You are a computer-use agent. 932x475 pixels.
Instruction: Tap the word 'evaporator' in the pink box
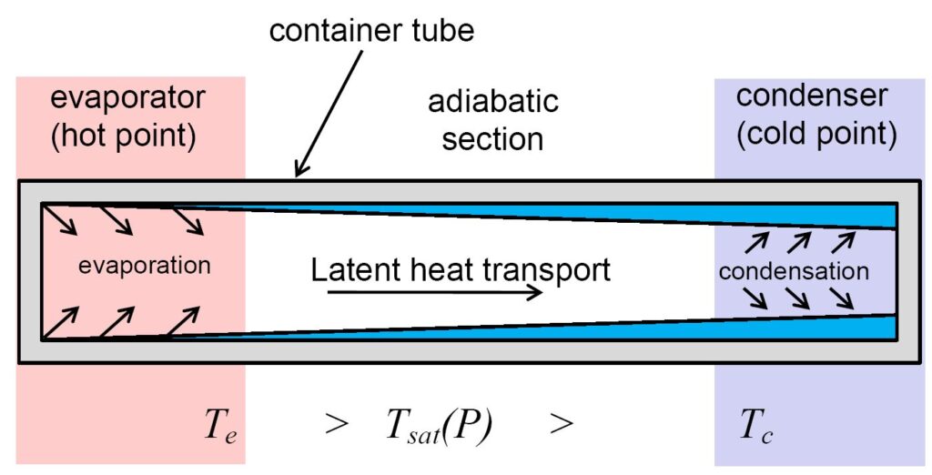pos(128,98)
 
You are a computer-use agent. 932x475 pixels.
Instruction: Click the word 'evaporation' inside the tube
pos(144,266)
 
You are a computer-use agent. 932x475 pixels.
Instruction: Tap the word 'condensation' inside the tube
pos(793,270)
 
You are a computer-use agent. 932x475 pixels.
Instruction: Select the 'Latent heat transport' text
pos(461,269)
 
